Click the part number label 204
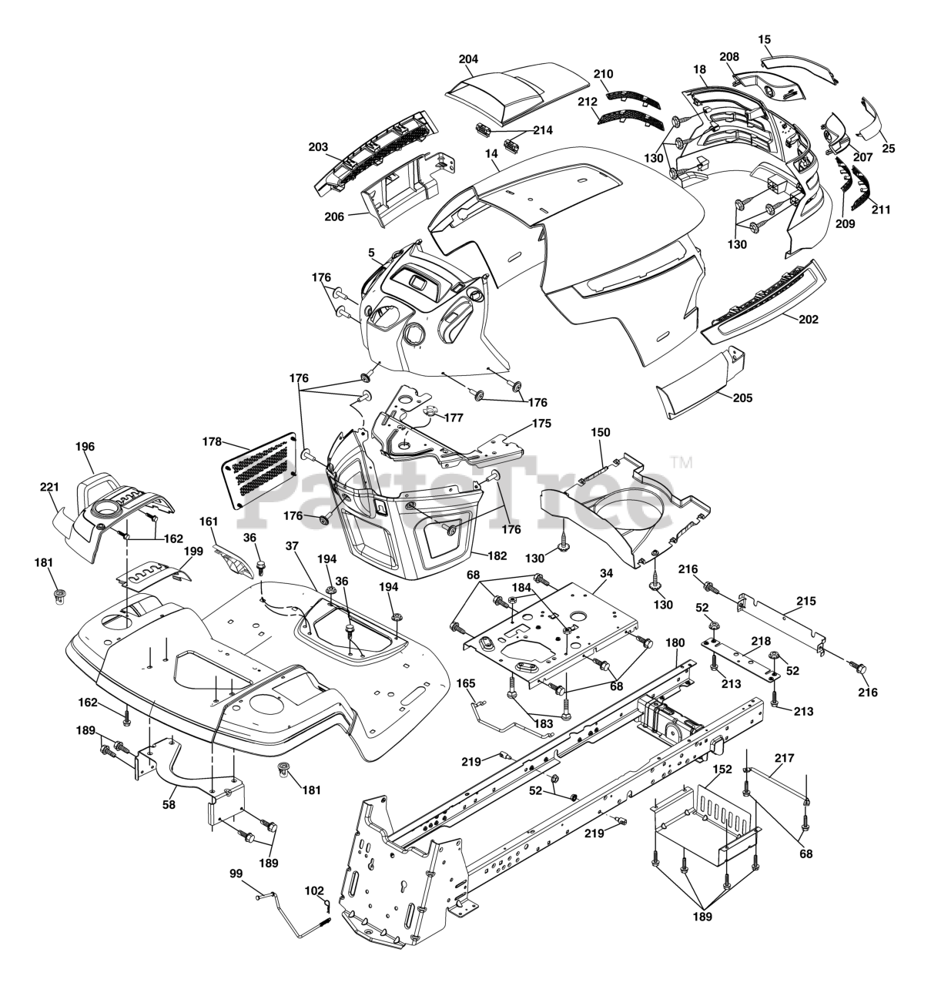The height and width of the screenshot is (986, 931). click(x=468, y=59)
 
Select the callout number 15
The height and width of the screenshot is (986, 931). click(x=764, y=39)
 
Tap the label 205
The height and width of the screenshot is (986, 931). click(x=743, y=398)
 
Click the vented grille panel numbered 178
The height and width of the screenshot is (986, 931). click(x=260, y=468)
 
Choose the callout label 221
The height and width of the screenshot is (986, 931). click(x=49, y=487)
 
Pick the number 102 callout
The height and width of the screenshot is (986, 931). click(x=314, y=891)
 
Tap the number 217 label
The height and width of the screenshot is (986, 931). click(x=784, y=758)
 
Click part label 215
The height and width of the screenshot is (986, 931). click(x=806, y=600)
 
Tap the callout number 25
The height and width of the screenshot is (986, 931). click(x=889, y=148)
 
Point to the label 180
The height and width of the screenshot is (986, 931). click(x=675, y=642)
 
